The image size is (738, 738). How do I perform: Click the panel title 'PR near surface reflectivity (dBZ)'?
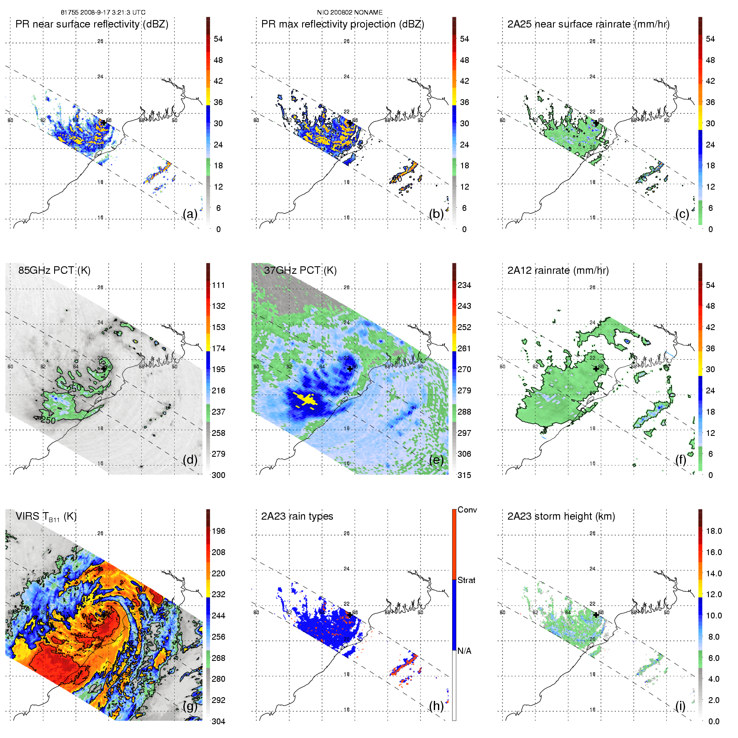point(92,24)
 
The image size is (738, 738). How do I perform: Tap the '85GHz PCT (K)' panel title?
point(54,270)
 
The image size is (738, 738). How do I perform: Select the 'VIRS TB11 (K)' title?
point(46,517)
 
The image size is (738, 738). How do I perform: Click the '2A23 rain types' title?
point(297,517)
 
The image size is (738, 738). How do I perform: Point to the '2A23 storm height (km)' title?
point(561,517)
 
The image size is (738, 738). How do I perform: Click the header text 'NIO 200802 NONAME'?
point(350,13)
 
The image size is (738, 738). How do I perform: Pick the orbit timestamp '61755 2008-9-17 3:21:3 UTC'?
point(103,13)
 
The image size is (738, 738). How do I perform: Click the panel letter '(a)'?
point(190,214)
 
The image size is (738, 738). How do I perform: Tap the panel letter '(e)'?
point(436,460)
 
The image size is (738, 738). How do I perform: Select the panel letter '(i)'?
point(680,706)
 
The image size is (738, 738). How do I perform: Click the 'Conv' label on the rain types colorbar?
point(467,510)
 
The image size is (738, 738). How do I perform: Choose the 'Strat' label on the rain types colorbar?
point(466,580)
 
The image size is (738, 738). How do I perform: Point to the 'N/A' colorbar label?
point(464,651)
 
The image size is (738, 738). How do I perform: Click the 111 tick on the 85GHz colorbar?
point(218,285)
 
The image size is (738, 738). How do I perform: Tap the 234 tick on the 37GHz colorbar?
point(464,285)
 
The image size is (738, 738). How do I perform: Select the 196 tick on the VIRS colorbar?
point(218,531)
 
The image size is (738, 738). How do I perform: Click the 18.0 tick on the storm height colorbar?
point(713,531)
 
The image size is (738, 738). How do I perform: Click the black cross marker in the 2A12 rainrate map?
point(596,369)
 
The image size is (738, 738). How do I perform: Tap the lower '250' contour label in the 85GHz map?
point(48,420)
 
